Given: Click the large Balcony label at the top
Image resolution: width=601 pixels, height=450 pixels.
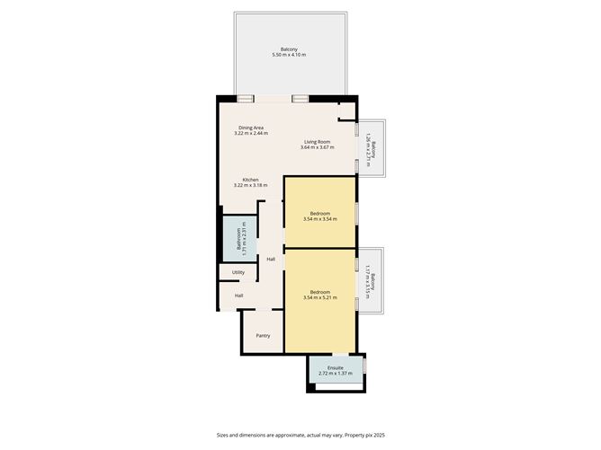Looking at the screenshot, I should (289, 49).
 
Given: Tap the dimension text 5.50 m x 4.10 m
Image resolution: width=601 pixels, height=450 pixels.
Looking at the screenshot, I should (289, 55).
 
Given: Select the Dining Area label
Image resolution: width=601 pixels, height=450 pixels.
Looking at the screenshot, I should (251, 128).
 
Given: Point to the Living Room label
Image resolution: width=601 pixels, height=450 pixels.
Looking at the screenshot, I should (317, 141).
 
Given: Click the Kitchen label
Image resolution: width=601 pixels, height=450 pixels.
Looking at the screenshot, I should (250, 180).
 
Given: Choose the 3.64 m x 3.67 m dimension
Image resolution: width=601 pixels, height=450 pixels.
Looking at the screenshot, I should (317, 147).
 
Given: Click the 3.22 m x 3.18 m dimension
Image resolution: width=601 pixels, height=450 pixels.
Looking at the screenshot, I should (250, 186).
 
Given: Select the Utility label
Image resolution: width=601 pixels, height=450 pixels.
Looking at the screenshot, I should (238, 272).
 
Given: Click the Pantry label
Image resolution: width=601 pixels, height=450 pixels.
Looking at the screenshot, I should (263, 336).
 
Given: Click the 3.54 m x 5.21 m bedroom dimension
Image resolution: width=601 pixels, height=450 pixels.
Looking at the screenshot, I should (319, 297).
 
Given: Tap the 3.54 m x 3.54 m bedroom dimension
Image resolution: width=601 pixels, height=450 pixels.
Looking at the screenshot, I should (319, 219).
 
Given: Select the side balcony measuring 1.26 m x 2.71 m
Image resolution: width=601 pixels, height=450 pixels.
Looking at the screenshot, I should (371, 147).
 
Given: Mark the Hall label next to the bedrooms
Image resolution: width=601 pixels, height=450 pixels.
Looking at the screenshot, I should (271, 260).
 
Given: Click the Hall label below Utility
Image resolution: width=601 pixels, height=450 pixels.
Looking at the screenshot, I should (238, 296).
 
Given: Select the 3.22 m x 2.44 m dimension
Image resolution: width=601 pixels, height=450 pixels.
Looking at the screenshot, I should (251, 134).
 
